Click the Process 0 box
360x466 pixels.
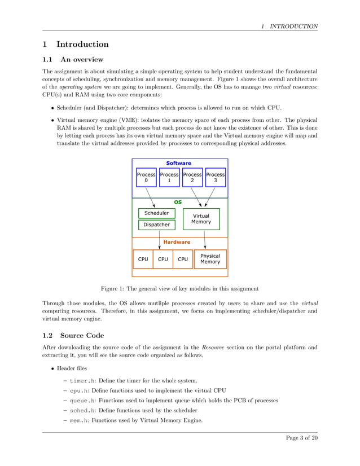pyautogui.click(x=146, y=178)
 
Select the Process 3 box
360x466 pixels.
pyautogui.click(x=215, y=178)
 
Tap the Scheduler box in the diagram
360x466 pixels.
pyautogui.click(x=156, y=213)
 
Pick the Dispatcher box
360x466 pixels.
pyautogui.click(x=156, y=225)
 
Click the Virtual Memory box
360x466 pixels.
pyautogui.click(x=201, y=219)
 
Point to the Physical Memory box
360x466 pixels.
pyautogui.click(x=210, y=259)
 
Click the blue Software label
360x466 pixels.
pyautogui.click(x=178, y=163)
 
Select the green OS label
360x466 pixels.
pyautogui.click(x=178, y=201)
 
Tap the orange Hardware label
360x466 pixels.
pyautogui.click(x=177, y=242)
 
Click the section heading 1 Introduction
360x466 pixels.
pyautogui.click(x=76, y=44)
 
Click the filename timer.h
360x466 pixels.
pyautogui.click(x=85, y=381)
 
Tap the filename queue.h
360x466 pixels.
pyautogui.click(x=85, y=401)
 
